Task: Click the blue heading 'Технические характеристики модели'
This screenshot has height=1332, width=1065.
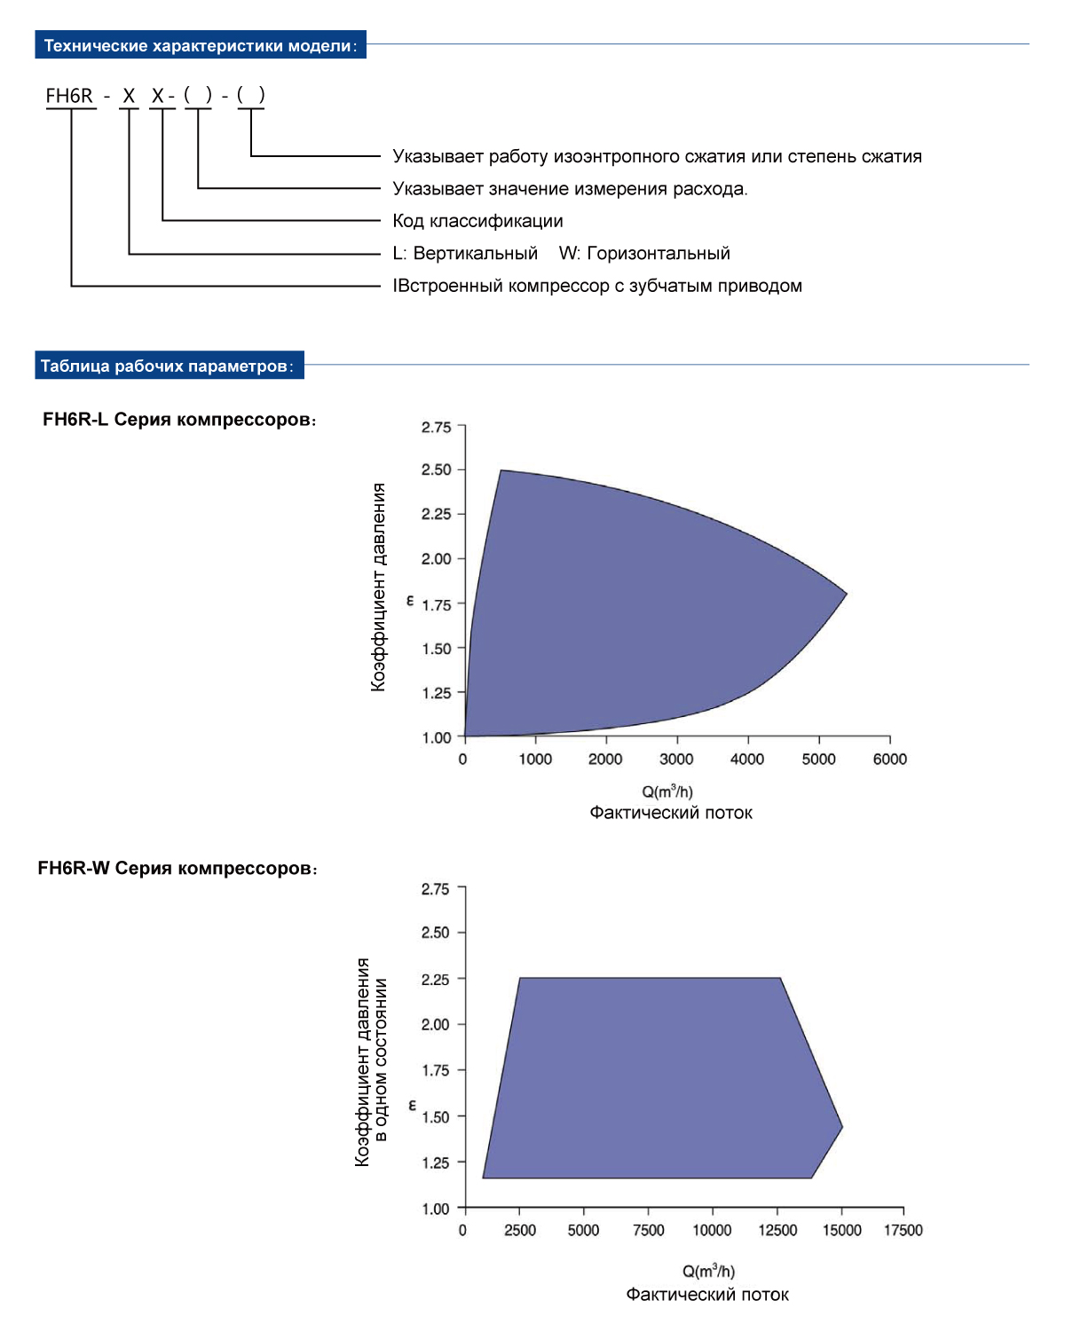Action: coord(200,45)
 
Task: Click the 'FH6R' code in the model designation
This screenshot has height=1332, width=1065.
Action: coord(69,96)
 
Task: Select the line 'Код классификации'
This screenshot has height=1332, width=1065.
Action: coord(477,221)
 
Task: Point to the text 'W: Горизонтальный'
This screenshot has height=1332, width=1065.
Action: coord(644,254)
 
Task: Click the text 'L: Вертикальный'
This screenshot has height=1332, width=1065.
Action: coord(465,254)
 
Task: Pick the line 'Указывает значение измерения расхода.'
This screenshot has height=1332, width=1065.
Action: coord(570,189)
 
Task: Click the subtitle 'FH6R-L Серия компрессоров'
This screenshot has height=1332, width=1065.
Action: coord(179,420)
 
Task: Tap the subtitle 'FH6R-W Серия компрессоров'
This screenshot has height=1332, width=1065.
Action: coord(177,868)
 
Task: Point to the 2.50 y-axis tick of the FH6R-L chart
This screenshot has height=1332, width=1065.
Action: coord(437,469)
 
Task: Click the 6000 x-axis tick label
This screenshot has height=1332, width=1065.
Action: coord(889,759)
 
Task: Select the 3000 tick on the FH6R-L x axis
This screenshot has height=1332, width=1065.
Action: coord(676,759)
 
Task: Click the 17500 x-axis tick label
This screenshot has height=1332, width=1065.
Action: coord(903,1230)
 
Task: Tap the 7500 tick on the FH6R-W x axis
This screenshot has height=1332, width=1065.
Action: coord(648,1230)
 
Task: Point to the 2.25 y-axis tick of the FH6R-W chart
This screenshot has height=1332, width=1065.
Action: coord(436,979)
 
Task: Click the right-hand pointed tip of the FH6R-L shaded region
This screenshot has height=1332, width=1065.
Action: coord(846,593)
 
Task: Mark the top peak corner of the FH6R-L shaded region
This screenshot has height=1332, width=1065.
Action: coord(501,470)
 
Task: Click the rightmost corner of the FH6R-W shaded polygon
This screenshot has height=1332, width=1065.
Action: coord(841,1127)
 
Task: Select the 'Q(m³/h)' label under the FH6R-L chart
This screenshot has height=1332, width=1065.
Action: coord(667,792)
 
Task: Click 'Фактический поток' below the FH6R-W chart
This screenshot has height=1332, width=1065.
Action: coord(707,1295)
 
